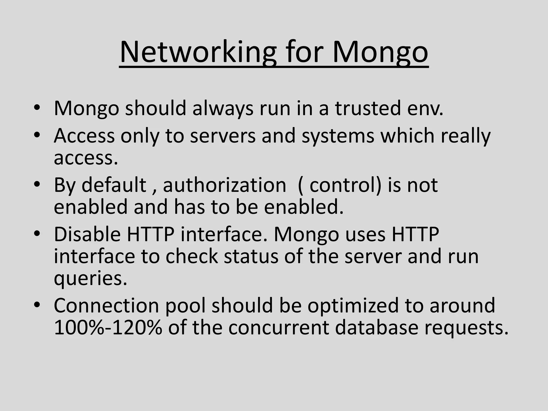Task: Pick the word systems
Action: (338, 135)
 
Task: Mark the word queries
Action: (90, 278)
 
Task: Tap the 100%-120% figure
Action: (108, 328)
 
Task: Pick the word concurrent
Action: (279, 328)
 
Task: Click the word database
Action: (376, 328)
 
